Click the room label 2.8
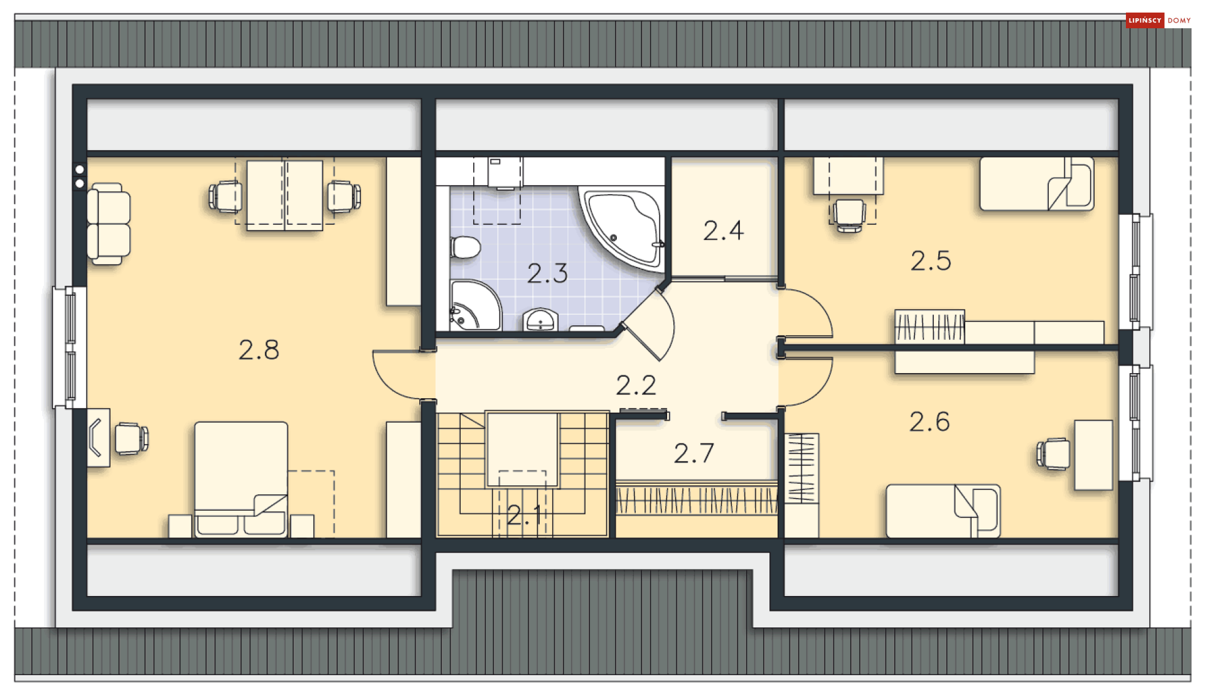[259, 350]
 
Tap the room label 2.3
[547, 273]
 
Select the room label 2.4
[723, 230]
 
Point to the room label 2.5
[931, 261]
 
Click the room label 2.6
[929, 421]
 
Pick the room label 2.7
[694, 453]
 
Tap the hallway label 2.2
[636, 385]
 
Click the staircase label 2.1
[524, 516]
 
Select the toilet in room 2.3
[465, 247]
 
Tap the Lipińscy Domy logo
[1159, 20]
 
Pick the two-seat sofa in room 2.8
[109, 224]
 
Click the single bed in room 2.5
[1037, 183]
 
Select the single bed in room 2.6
[943, 511]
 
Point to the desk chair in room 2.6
[1052, 454]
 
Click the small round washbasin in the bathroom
[540, 320]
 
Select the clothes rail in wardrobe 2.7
[697, 500]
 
